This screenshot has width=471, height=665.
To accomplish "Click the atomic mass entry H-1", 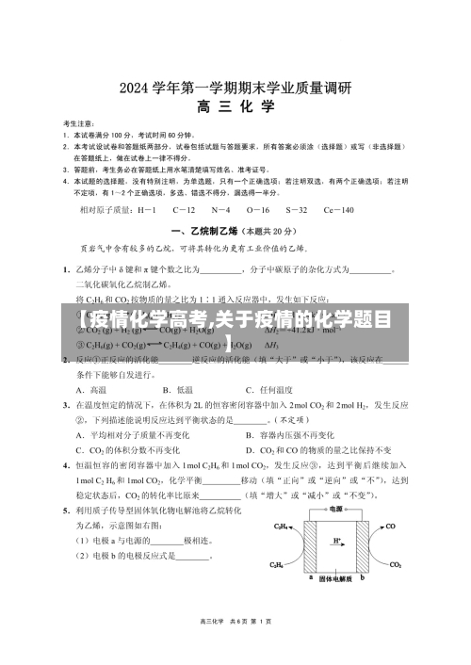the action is coord(147,210).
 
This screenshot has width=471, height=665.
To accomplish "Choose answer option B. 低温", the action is coord(178,389).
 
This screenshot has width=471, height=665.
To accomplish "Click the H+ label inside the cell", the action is coord(336,541).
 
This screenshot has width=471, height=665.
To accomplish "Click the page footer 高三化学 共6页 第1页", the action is coord(235,647).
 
